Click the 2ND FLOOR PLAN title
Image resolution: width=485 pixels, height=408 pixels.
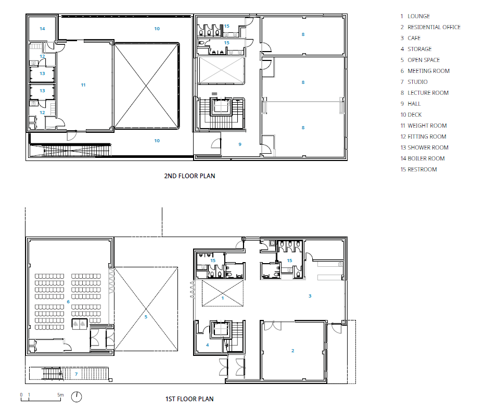pyautogui.click(x=189, y=176)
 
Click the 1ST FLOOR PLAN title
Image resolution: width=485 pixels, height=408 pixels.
pyautogui.click(x=189, y=399)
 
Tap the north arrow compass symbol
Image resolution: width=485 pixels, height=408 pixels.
pyautogui.click(x=76, y=397)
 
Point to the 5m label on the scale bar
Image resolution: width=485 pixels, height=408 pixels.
pyautogui.click(x=60, y=394)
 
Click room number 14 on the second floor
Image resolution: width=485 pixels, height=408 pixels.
pyautogui.click(x=42, y=29)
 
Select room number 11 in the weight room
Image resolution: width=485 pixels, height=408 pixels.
pyautogui.click(x=83, y=85)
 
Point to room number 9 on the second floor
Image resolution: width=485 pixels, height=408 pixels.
pyautogui.click(x=240, y=144)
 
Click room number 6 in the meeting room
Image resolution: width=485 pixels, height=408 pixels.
pyautogui.click(x=68, y=302)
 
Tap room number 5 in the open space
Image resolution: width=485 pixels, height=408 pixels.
pyautogui.click(x=146, y=317)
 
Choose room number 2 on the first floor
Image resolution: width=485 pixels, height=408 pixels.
pyautogui.click(x=292, y=351)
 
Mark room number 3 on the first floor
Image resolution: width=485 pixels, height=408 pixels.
pyautogui.click(x=310, y=296)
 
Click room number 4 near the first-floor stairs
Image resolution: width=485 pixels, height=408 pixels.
pyautogui.click(x=207, y=345)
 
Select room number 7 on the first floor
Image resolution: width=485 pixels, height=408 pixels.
pyautogui.click(x=76, y=374)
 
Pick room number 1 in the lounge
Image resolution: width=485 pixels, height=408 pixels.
pyautogui.click(x=223, y=299)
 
